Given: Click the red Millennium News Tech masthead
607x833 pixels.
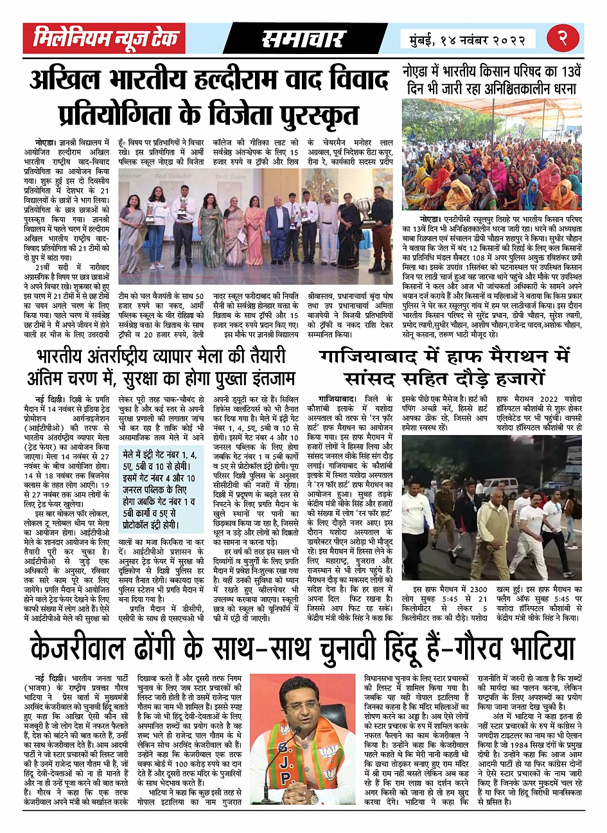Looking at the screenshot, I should [x=104, y=39].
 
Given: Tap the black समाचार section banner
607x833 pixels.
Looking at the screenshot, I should [x=303, y=39].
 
